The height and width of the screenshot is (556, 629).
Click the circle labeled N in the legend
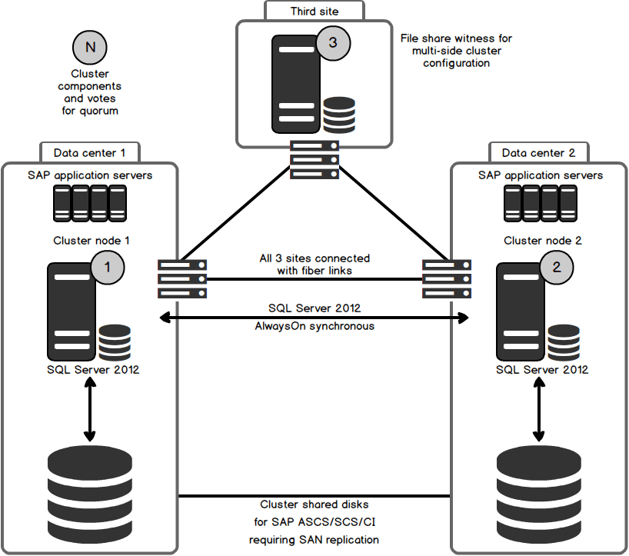pos(90,47)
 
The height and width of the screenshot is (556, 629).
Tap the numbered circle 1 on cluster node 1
pos(108,267)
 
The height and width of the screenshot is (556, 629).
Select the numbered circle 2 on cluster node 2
pos(557,267)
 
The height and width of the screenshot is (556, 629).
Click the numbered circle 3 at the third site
pos(332,43)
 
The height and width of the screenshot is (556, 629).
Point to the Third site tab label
pos(314,11)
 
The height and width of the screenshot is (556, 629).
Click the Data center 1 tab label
pos(90,152)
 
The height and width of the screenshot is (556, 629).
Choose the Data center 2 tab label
pos(538,152)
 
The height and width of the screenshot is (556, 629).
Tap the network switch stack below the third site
pos(314,159)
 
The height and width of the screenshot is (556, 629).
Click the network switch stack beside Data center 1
pos(182,278)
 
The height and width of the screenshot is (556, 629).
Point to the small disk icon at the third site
pos(339,115)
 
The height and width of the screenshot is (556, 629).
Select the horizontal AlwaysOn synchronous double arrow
pos(314,317)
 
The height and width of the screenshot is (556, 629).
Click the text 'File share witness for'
pos(456,38)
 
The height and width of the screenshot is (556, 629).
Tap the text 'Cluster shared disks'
pos(314,505)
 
